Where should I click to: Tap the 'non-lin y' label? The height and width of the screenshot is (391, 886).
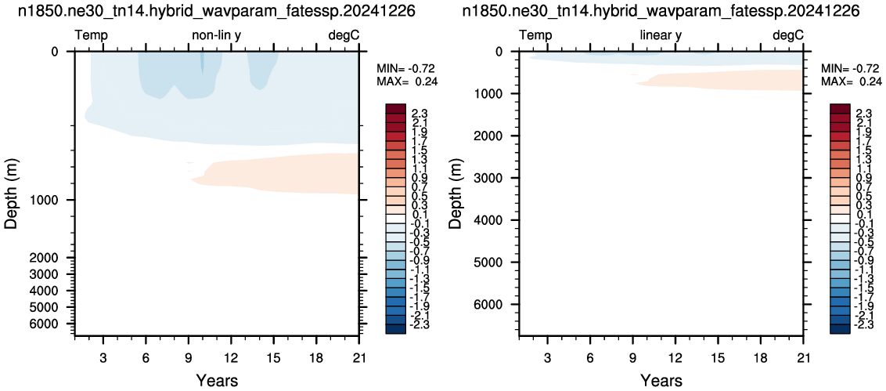(x=217, y=35)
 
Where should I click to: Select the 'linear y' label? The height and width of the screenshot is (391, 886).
(x=661, y=35)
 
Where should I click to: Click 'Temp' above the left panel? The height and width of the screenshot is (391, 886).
(x=91, y=35)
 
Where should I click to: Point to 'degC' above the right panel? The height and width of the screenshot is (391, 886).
(x=787, y=35)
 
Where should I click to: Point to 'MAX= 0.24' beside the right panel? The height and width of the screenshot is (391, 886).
(x=850, y=81)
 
